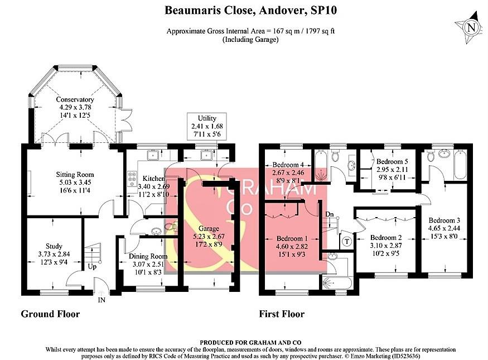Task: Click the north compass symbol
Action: [471, 28]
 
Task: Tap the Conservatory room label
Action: [71, 100]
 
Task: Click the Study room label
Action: [54, 246]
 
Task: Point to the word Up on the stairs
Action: [91, 267]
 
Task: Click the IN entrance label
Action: [102, 300]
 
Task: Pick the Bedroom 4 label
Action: [288, 165]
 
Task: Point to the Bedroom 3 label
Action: [443, 220]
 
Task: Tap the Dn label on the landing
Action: [330, 214]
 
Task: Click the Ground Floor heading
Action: [50, 314]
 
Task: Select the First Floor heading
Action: [282, 314]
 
